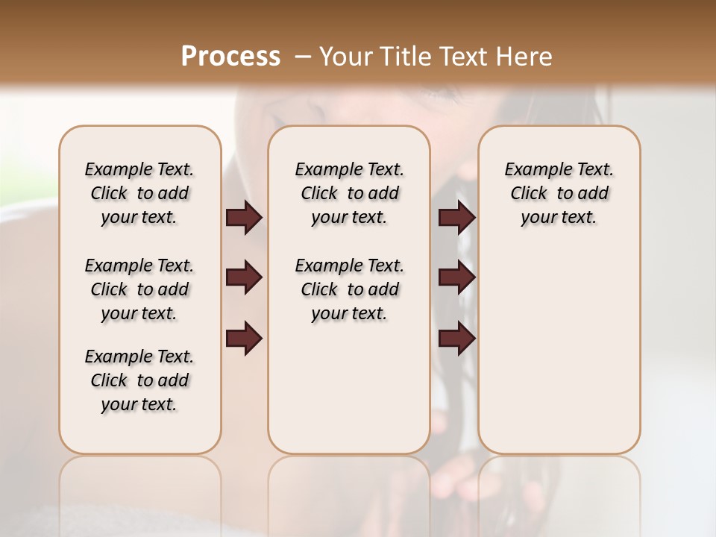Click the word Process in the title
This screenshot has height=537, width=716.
click(x=230, y=57)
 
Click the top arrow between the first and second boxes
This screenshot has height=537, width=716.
click(x=244, y=217)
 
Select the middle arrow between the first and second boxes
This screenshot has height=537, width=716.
click(x=244, y=277)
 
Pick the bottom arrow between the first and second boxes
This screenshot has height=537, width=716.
click(x=244, y=339)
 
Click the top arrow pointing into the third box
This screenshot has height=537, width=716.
click(x=456, y=217)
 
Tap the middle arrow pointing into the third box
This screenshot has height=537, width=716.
click(x=456, y=277)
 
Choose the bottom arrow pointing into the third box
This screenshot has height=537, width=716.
click(x=456, y=339)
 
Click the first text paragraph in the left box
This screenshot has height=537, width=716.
click(x=139, y=193)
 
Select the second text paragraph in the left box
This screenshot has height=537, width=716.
click(x=139, y=289)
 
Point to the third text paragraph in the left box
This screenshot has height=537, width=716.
click(x=139, y=380)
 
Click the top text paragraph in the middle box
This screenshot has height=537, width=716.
click(x=349, y=193)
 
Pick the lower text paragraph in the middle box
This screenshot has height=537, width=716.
click(x=349, y=289)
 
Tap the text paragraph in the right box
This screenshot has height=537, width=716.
click(x=559, y=193)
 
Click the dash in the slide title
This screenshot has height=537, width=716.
click(x=303, y=57)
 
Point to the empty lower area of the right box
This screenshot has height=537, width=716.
click(x=559, y=351)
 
